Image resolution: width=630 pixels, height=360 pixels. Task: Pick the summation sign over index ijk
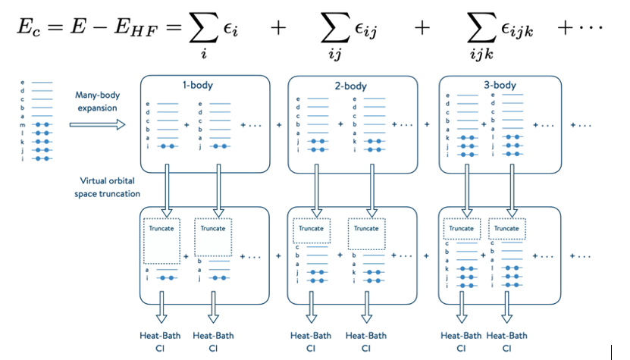pos(484,27)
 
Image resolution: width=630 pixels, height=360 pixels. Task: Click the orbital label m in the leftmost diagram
pos(23,124)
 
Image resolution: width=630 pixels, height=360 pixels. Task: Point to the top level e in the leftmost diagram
pos(23,80)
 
